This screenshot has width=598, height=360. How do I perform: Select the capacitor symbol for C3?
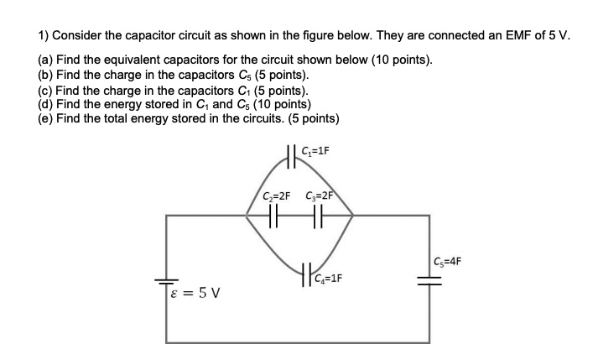click(317, 217)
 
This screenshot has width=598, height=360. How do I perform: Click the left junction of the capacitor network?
click(246, 217)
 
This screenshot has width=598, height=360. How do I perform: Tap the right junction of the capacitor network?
click(353, 217)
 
